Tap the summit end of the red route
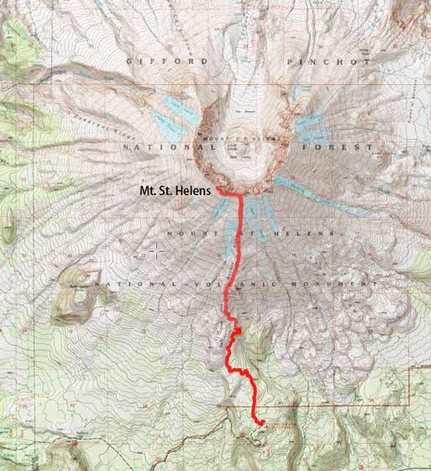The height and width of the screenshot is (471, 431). (x=218, y=189)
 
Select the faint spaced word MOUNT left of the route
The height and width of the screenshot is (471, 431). (x=189, y=232)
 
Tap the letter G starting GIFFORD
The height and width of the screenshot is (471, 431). (x=129, y=62)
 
